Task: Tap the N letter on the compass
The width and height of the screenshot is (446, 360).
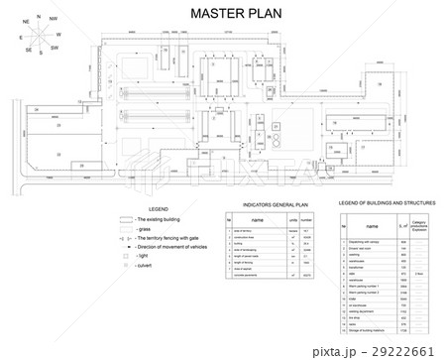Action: coord(38,17)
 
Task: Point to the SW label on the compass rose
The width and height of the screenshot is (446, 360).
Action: coord(56,47)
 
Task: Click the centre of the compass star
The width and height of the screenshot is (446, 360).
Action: coord(39,35)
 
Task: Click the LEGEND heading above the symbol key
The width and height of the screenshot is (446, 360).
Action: coord(158,210)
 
